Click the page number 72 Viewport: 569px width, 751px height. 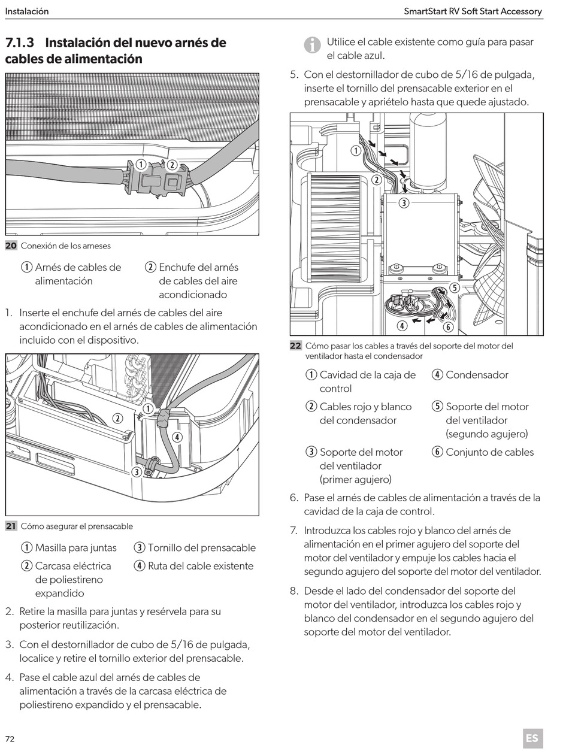(10, 738)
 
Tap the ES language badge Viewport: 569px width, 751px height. (532, 738)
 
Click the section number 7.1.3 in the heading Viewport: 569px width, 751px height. (20, 43)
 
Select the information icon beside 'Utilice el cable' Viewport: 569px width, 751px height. (312, 44)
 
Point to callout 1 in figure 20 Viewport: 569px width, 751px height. (140, 164)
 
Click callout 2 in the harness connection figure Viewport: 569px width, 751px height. (171, 165)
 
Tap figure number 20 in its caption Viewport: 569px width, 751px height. (11, 246)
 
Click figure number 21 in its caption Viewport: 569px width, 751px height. (11, 526)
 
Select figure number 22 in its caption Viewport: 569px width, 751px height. (296, 346)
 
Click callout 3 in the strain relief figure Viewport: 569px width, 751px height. (137, 472)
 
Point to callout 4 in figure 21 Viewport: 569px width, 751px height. (177, 437)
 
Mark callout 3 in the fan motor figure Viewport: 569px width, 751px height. (404, 202)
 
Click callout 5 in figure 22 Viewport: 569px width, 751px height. (454, 287)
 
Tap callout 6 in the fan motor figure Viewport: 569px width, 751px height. (447, 326)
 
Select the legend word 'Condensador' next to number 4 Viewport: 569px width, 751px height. (477, 375)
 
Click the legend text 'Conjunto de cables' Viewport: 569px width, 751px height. (489, 452)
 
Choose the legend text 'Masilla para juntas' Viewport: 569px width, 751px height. (76, 547)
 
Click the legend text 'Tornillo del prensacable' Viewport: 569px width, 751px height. (202, 547)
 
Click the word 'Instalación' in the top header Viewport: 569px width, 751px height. (27, 11)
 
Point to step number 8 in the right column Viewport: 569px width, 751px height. (293, 591)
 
